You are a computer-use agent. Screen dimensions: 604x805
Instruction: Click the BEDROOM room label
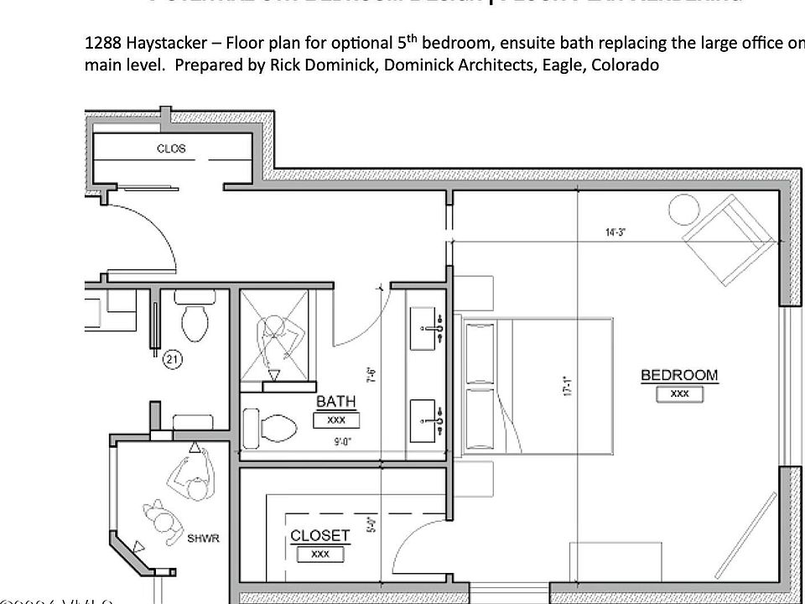tap(679, 375)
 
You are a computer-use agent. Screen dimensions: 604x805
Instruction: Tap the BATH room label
tap(335, 402)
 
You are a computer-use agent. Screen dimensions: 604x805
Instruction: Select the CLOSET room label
tap(319, 535)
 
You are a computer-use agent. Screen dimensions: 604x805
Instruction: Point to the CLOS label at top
tap(171, 148)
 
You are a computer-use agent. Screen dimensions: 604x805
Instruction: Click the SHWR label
tap(203, 538)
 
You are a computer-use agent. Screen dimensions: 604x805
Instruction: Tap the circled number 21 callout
tap(173, 360)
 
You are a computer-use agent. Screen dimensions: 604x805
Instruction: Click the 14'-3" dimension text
tap(616, 232)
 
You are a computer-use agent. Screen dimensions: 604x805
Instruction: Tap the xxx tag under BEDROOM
tap(679, 393)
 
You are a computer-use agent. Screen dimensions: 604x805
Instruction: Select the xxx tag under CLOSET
tap(319, 554)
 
